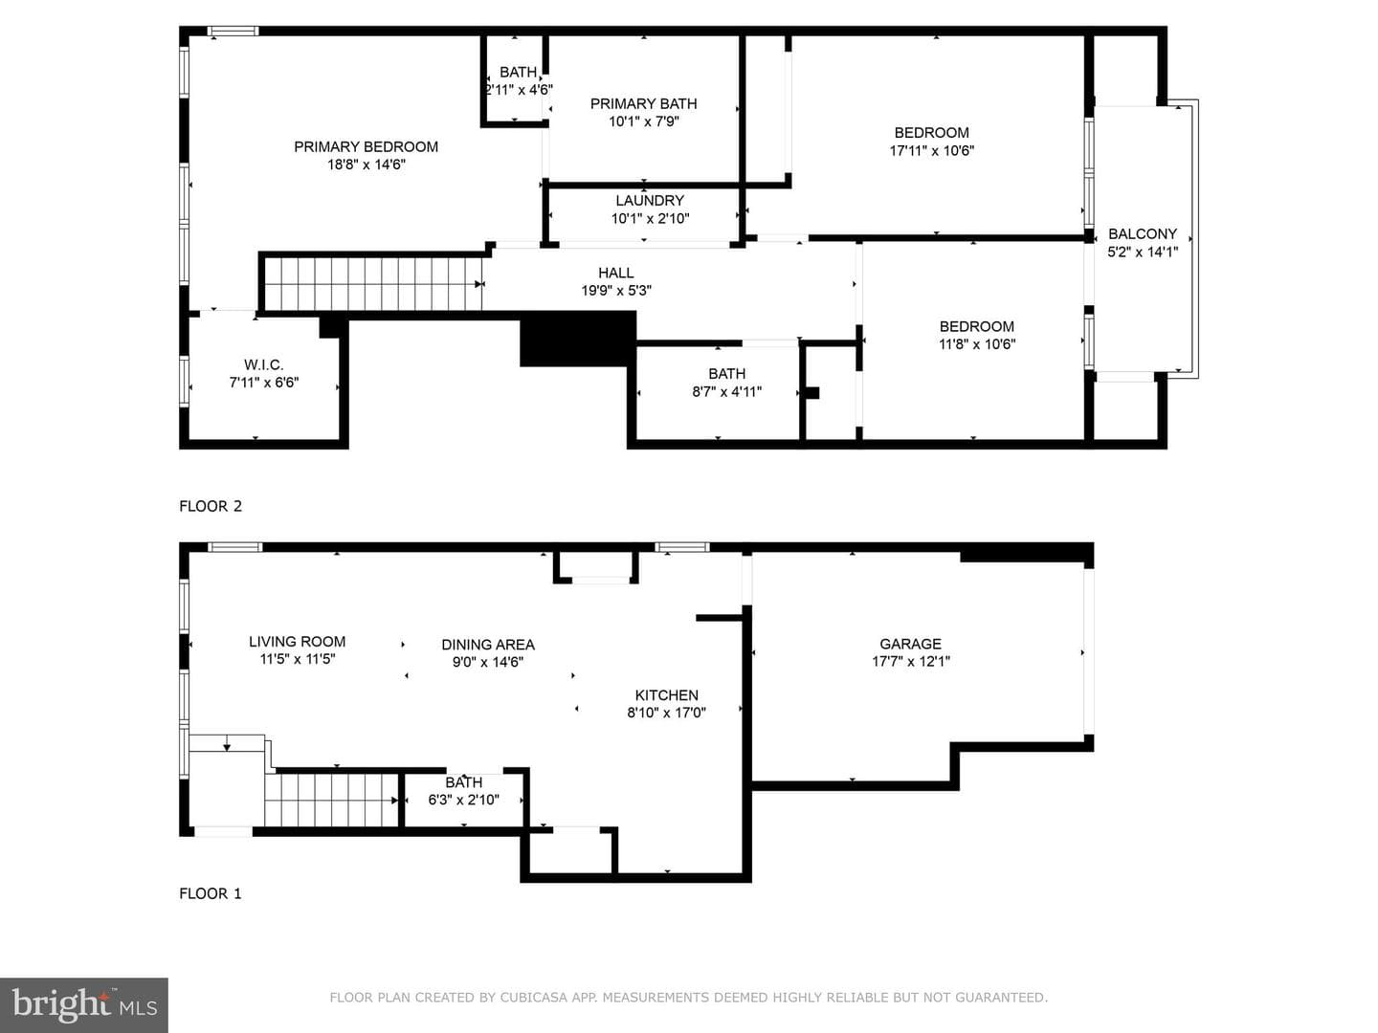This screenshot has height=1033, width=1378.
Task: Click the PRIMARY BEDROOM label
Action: click(x=366, y=146)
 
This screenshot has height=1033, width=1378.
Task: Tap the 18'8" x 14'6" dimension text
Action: click(x=366, y=165)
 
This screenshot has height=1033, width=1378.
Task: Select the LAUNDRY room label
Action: click(x=650, y=201)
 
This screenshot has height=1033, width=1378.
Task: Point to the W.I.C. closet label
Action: click(x=264, y=364)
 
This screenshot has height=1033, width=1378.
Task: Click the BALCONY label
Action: click(x=1143, y=234)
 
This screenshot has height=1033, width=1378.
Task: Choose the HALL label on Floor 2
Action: click(x=616, y=273)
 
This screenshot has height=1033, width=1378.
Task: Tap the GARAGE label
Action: click(x=910, y=644)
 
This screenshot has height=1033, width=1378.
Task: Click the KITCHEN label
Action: click(x=667, y=695)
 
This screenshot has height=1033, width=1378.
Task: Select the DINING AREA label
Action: click(x=488, y=644)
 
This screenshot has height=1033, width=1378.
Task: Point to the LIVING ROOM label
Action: click(x=297, y=642)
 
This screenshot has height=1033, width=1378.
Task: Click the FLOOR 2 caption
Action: click(x=211, y=506)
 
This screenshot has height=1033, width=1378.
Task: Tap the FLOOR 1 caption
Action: click(x=211, y=893)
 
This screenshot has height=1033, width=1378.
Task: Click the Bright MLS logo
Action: click(x=84, y=1005)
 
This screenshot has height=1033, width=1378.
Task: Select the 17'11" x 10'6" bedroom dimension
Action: click(x=932, y=150)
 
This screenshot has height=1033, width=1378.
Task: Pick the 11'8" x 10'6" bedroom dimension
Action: click(x=977, y=343)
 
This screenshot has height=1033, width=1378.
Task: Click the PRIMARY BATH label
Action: click(x=643, y=103)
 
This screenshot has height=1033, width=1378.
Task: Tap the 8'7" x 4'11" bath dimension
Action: click(x=727, y=391)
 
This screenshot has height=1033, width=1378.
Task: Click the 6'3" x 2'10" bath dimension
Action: click(x=464, y=800)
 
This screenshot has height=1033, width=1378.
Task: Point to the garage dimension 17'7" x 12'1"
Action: click(x=910, y=661)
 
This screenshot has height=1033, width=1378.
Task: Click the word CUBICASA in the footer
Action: click(x=534, y=998)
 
